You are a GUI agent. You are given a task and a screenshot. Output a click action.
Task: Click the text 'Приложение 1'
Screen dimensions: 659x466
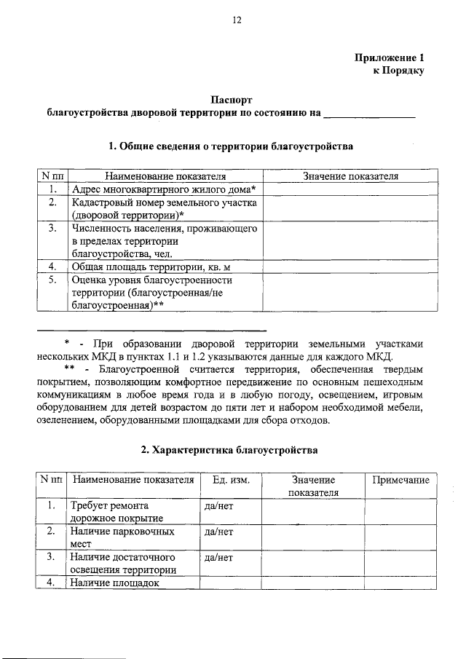tap(388, 58)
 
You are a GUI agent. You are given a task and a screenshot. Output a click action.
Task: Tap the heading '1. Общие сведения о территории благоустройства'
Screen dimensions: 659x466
tap(231, 146)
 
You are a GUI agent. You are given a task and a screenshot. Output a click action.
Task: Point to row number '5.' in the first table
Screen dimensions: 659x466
tap(52, 280)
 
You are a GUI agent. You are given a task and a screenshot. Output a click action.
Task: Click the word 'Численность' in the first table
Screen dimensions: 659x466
tap(98, 229)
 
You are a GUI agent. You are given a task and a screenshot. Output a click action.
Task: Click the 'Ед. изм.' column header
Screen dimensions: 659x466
tap(231, 481)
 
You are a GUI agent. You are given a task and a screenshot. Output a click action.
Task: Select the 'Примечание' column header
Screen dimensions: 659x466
tap(400, 481)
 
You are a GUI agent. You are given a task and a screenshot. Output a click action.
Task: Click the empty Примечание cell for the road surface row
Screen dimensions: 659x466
tap(400, 512)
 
